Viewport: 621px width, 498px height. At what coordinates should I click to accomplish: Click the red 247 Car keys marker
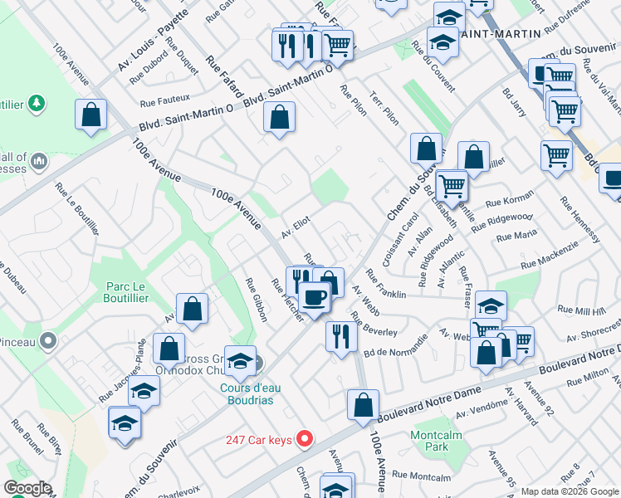pos(305,439)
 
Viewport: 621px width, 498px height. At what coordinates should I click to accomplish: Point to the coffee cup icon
pos(314,296)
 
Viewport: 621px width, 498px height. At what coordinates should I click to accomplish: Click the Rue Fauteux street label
pos(165,101)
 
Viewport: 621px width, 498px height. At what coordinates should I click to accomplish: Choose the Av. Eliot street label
pos(295,227)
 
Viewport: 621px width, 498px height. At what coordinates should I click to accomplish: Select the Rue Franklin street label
pos(385,283)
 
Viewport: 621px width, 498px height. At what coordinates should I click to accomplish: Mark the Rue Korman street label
pos(509,201)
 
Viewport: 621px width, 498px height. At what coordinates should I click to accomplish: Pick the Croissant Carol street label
pos(399,238)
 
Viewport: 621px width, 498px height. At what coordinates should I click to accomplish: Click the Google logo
pos(27,488)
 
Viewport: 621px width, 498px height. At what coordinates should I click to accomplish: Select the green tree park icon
pos(36,103)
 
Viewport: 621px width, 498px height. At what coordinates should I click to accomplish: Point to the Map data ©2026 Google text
pos(569,491)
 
